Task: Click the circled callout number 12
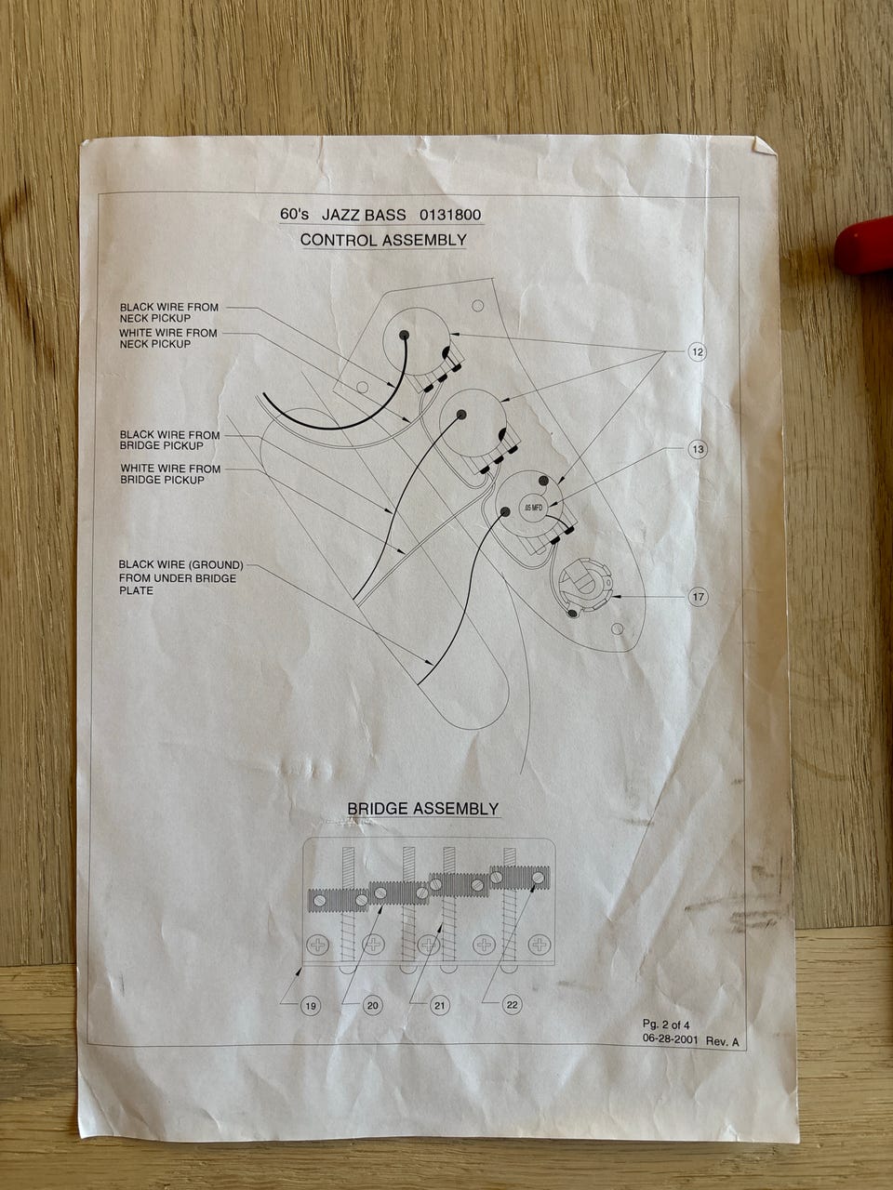tap(698, 352)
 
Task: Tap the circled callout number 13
tap(698, 449)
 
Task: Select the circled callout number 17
tap(698, 598)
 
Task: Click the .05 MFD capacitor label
tap(532, 508)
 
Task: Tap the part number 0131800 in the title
tap(450, 215)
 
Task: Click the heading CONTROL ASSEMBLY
tap(383, 240)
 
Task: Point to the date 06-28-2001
tap(670, 1041)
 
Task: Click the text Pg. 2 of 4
tap(666, 1025)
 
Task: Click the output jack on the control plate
tap(584, 588)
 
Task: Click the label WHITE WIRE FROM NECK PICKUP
tap(168, 338)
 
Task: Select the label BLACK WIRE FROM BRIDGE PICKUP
tap(169, 441)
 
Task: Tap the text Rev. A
tap(722, 1042)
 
